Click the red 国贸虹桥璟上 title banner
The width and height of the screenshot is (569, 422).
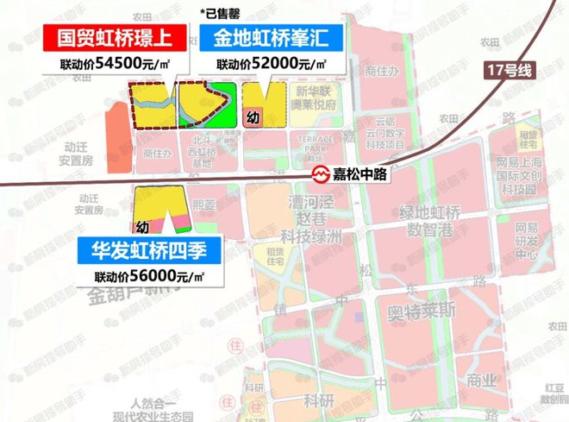click(116, 39)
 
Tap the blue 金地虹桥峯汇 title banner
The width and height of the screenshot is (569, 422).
click(271, 39)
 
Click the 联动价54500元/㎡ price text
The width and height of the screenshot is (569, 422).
click(117, 65)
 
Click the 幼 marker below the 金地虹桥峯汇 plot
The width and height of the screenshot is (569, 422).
click(252, 117)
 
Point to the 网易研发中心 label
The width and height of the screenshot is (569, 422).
click(526, 241)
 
